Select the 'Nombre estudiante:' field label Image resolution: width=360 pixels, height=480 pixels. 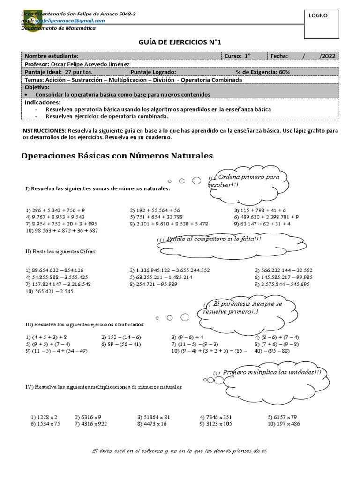pos(52,56)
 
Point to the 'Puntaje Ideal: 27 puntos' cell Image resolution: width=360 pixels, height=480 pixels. pos(59,72)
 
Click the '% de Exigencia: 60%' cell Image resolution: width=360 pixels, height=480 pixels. pos(263,72)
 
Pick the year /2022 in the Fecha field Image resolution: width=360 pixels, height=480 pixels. pos(327,56)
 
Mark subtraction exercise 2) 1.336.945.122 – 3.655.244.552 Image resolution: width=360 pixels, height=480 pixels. pos(170,270)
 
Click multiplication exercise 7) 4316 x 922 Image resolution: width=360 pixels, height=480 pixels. pos(91,424)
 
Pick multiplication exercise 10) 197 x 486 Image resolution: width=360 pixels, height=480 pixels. pos(284,424)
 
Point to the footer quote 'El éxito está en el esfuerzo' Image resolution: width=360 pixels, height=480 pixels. pos(180,451)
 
